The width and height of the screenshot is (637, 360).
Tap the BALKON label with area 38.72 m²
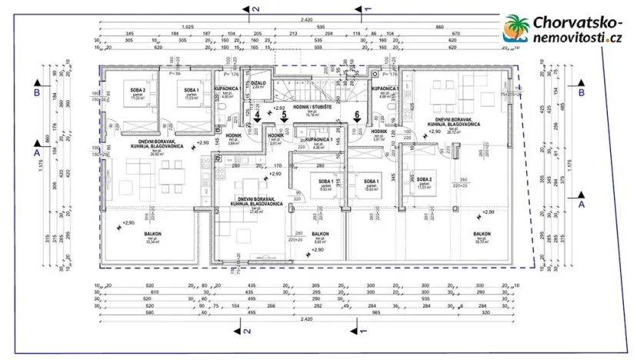[x=482, y=234]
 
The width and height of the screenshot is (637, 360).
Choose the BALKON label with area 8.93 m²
[x=321, y=235]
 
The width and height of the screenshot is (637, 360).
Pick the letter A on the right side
[x=582, y=205]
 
